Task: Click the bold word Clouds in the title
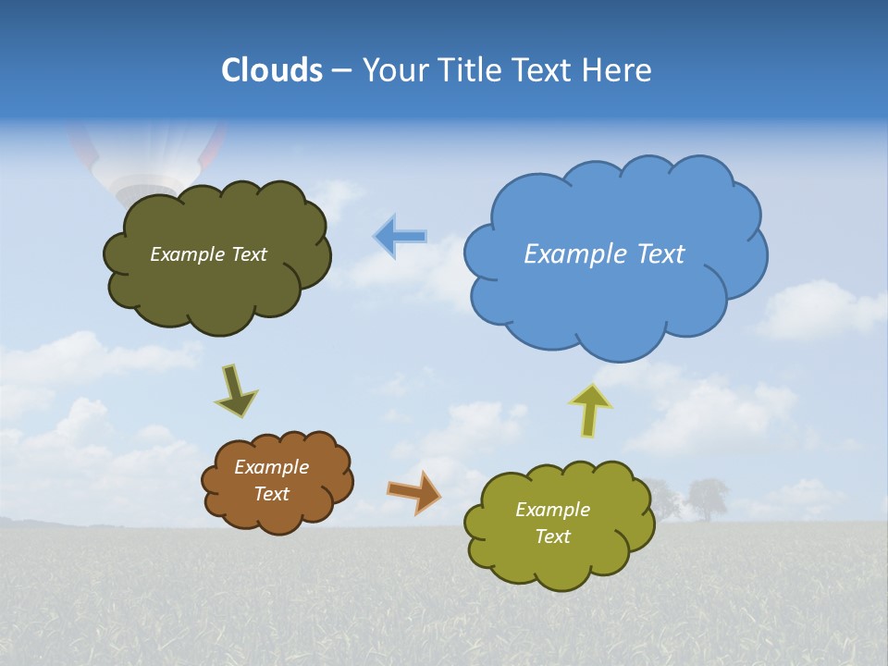pyautogui.click(x=272, y=69)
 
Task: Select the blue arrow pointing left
pyautogui.click(x=400, y=237)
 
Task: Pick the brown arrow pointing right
pyautogui.click(x=413, y=492)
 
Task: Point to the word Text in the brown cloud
pyautogui.click(x=272, y=494)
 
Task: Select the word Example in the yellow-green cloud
pyautogui.click(x=552, y=510)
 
